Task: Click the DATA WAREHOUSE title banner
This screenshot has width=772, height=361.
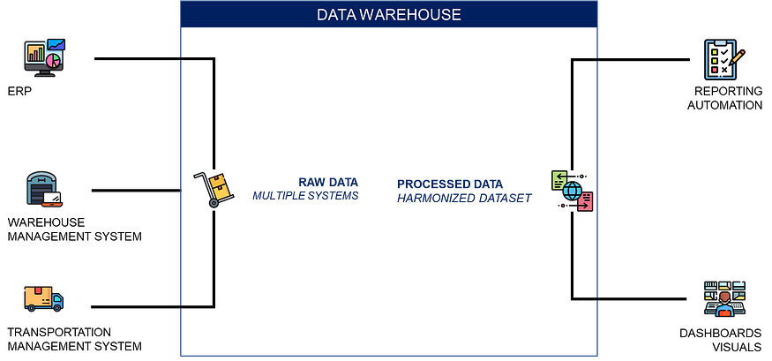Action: (x=388, y=15)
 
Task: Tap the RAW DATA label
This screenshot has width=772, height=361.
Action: (x=328, y=182)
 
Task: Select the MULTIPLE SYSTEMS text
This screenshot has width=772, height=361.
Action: (x=305, y=195)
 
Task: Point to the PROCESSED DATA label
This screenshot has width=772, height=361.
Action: (x=450, y=184)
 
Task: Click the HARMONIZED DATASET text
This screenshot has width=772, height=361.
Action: (x=464, y=199)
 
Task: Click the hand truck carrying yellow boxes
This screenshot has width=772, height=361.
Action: (x=214, y=189)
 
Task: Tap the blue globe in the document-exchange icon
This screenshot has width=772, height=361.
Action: (x=572, y=191)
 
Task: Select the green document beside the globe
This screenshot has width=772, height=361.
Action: (x=559, y=180)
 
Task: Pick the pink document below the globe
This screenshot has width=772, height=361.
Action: (x=585, y=202)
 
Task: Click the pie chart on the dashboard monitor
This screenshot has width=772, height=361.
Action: (x=55, y=60)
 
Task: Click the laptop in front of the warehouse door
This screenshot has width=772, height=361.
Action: (x=53, y=199)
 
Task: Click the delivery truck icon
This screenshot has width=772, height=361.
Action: (x=44, y=299)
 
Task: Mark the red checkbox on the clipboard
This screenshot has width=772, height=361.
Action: (x=715, y=69)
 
